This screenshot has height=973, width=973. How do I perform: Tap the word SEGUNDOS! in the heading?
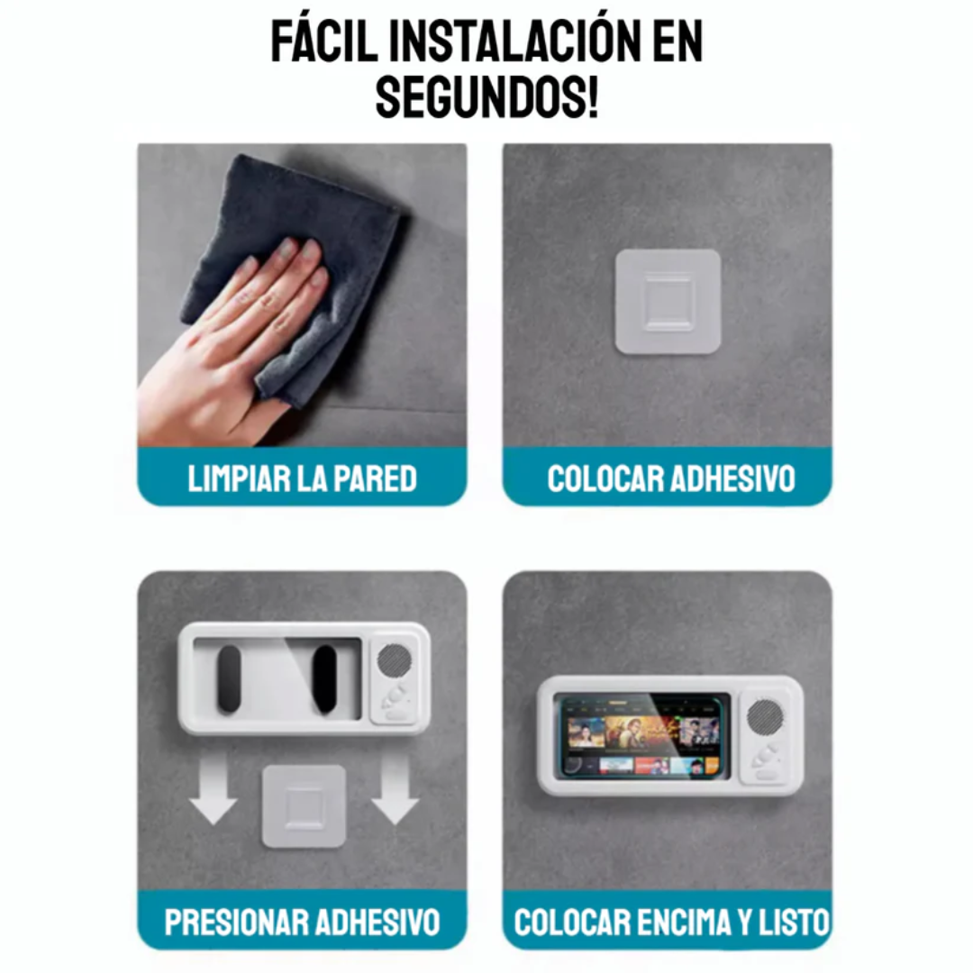click(x=486, y=96)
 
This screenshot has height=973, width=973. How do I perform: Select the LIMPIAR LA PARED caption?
click(x=303, y=478)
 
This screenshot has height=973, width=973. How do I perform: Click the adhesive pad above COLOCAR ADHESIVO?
click(x=668, y=302)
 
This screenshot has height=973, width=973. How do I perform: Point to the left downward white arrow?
click(x=214, y=790)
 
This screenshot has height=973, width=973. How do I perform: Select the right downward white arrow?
click(x=395, y=790)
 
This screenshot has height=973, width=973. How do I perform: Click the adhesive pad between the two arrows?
click(x=304, y=805)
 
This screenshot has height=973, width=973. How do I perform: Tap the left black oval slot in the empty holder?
click(x=230, y=679)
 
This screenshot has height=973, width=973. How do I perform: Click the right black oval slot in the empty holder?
click(x=323, y=679)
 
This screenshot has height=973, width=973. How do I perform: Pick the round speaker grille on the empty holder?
click(x=394, y=660)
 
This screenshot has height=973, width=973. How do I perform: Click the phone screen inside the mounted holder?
click(x=645, y=733)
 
